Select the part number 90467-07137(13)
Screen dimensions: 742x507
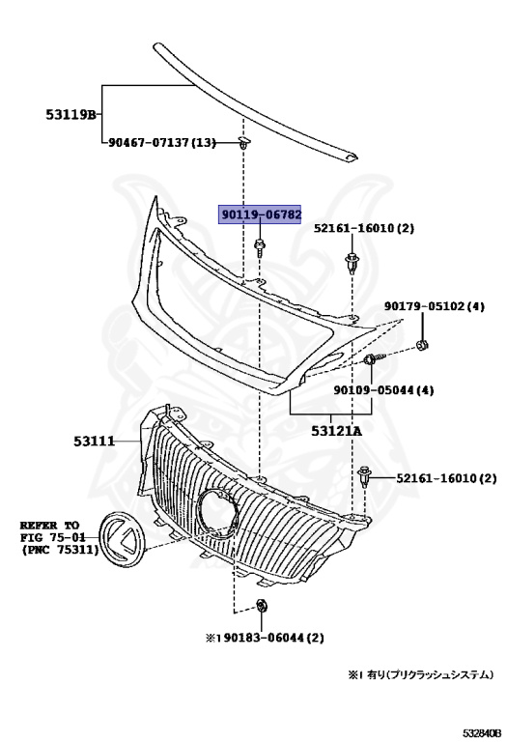[x=161, y=143]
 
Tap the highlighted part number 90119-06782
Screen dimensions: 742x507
[x=262, y=215]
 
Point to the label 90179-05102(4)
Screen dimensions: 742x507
[x=434, y=307]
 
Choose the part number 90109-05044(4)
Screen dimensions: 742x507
[x=384, y=390]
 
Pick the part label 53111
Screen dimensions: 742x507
[x=94, y=442]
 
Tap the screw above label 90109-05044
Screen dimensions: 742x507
[x=375, y=362]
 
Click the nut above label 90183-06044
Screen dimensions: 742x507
[x=263, y=606]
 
